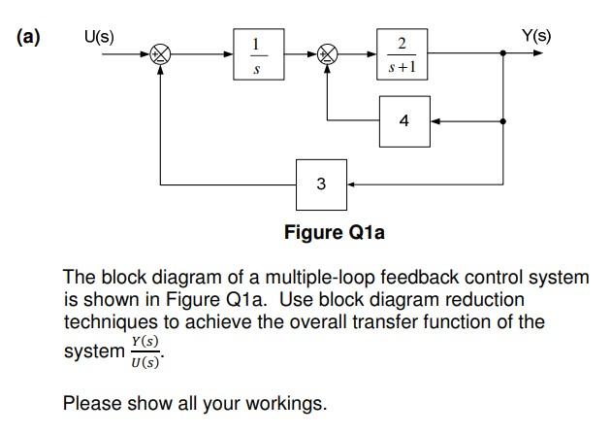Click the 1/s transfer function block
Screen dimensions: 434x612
tap(255, 54)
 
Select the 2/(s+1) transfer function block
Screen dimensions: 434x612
tap(402, 54)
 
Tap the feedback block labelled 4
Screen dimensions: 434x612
tap(403, 121)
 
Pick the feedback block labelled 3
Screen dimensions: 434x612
tap(321, 183)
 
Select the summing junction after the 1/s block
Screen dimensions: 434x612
tap(328, 55)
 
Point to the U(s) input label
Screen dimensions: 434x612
tap(98, 37)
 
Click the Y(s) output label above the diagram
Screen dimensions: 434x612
tap(535, 37)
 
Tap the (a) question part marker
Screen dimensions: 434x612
tap(27, 38)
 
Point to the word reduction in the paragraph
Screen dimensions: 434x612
tap(484, 300)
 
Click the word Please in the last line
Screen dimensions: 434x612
tap(90, 402)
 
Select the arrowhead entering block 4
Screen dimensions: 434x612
tap(435, 121)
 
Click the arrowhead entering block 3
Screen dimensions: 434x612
tap(352, 183)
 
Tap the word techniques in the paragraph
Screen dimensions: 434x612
tap(107, 322)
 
